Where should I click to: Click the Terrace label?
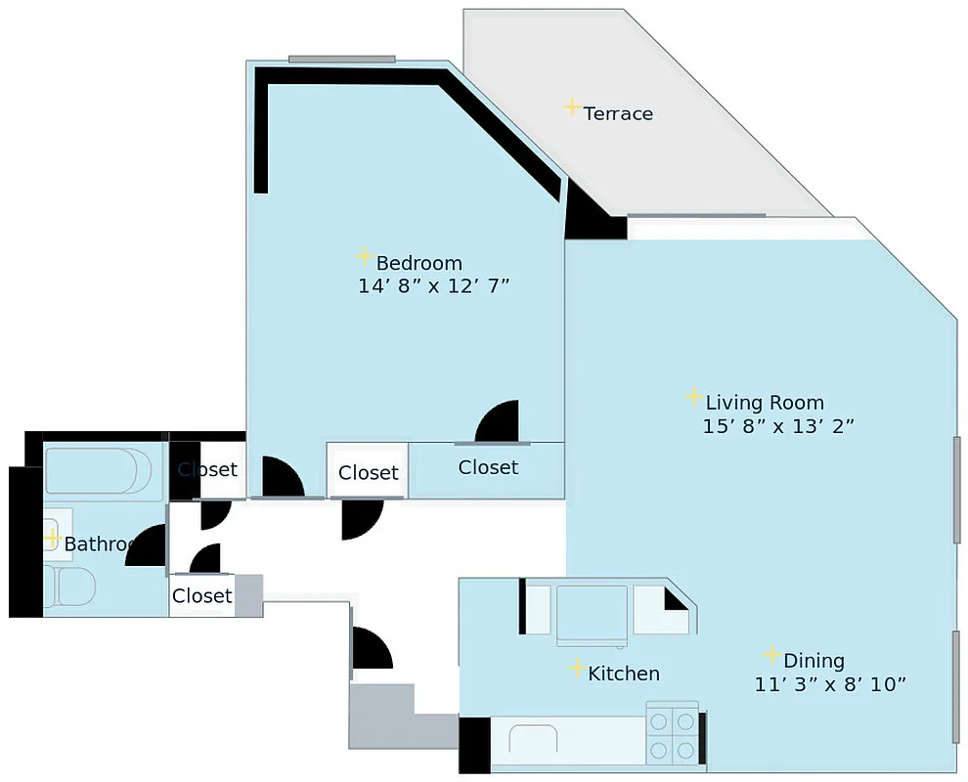[x=618, y=113]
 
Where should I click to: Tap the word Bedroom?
[x=418, y=263]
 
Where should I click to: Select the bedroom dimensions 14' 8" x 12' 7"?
[x=434, y=286]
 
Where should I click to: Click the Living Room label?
[x=765, y=403]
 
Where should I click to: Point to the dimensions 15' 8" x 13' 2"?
[x=778, y=426]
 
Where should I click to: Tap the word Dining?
[x=814, y=661]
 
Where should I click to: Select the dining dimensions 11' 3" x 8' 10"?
[x=830, y=684]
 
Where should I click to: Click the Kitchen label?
[x=624, y=673]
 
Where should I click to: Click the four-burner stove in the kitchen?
[x=673, y=735]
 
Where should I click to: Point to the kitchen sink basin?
[x=532, y=740]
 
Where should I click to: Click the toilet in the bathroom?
[x=69, y=587]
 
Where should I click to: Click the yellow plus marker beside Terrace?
[x=572, y=108]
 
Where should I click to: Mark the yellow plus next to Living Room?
[x=693, y=396]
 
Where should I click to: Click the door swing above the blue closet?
[x=500, y=423]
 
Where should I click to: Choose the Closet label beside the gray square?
[x=202, y=595]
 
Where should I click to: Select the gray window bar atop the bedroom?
[x=341, y=59]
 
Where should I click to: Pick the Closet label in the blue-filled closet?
[x=488, y=467]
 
